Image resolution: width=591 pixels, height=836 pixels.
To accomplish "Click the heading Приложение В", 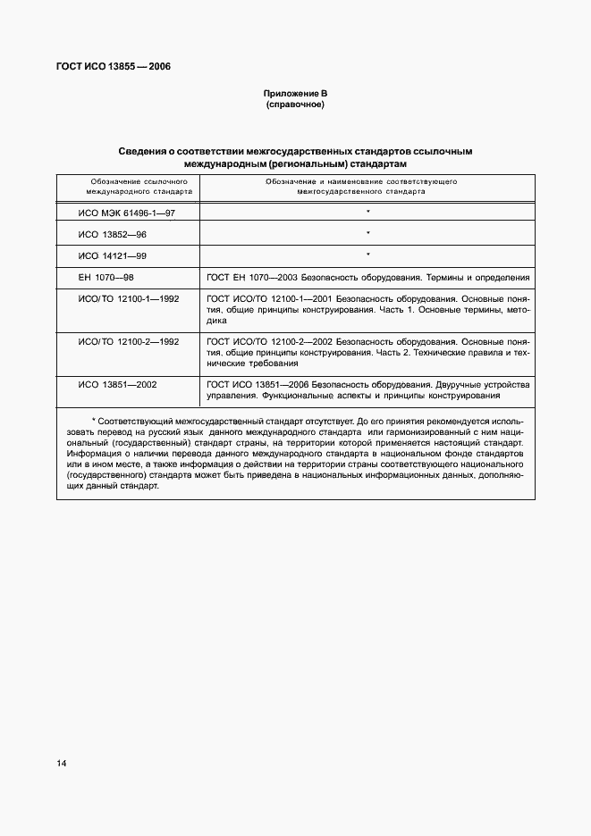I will (294, 94).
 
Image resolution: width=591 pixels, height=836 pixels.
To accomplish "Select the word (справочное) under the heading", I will (294, 105).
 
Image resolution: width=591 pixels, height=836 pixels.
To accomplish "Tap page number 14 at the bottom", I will (61, 763).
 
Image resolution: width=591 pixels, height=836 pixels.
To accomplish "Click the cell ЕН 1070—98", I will (106, 279).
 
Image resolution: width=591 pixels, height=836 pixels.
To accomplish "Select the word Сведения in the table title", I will (147, 152).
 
